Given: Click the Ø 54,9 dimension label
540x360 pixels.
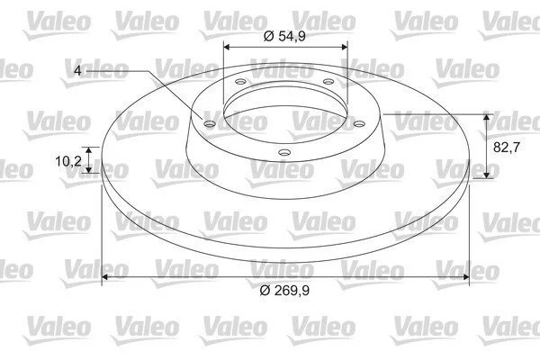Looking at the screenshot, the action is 284,36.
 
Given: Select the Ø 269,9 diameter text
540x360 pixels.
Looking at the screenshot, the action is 284,291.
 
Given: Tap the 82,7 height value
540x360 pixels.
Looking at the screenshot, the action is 506,148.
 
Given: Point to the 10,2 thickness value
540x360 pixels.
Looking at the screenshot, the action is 68,161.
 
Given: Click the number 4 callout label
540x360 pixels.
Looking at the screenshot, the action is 77,71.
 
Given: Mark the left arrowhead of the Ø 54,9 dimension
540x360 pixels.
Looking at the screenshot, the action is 227,47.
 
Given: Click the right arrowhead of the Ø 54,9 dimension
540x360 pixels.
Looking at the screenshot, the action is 345,47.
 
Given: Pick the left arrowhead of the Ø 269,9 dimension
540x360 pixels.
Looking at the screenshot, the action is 105,277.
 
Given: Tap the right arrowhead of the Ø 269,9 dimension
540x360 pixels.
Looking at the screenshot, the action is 465,277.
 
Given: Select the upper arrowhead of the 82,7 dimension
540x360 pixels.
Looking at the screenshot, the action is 486,118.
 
